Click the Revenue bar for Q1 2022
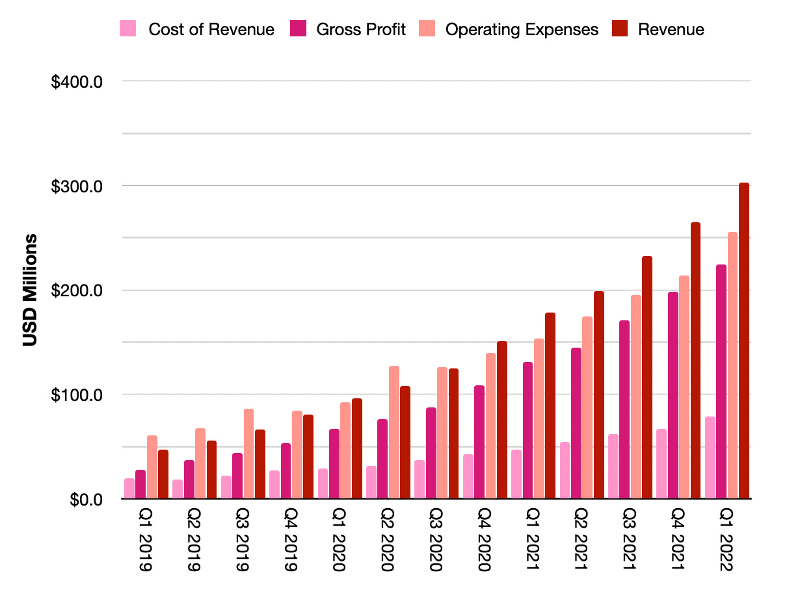coord(744,341)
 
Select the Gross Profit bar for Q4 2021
coord(673,395)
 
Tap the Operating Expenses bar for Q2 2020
coord(394,432)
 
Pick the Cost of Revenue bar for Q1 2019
coord(129,489)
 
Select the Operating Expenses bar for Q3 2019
coord(248,454)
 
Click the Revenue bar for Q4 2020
coord(502,420)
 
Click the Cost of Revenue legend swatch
coord(128,29)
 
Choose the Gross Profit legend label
coord(361,29)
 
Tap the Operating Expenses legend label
coord(522,29)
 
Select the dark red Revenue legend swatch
coord(620,29)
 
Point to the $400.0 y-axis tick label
coord(77,82)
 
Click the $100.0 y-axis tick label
coord(77,395)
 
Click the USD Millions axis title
coord(30,290)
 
